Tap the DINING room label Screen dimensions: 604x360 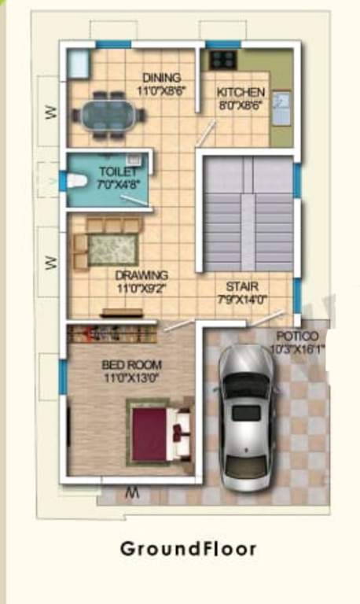coord(161,78)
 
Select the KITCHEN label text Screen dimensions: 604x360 coord(241,92)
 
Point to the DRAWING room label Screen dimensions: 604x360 coord(141,275)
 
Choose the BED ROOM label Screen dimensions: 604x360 coord(132,365)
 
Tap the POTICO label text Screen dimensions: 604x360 coord(297,337)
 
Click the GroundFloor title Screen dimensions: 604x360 coord(189,548)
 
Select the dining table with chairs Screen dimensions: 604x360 coord(110,114)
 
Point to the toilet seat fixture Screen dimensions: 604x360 coord(75,182)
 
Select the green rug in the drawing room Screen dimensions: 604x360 coord(112,249)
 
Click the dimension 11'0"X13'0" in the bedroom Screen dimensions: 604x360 coord(132,377)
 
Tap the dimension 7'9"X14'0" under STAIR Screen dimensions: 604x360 coord(243,300)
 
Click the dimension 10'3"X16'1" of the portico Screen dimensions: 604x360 coord(296,348)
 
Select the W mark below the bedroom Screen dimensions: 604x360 coord(133,494)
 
